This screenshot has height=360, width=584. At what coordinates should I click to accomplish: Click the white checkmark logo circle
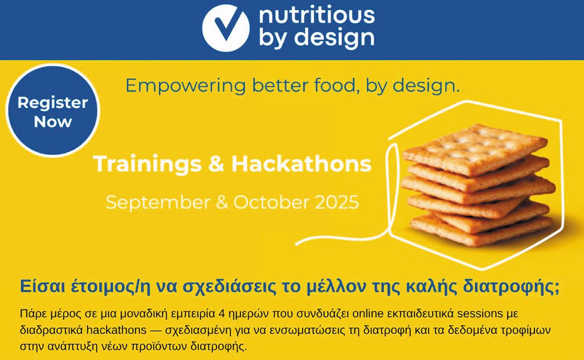(226, 28)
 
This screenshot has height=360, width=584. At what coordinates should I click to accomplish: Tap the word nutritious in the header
(317, 15)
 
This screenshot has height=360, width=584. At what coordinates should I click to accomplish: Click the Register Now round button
(53, 110)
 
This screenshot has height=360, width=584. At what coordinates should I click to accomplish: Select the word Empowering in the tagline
(185, 86)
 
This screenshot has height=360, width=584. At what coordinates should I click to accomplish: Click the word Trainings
(147, 164)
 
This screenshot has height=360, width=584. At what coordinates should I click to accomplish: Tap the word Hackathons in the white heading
(302, 163)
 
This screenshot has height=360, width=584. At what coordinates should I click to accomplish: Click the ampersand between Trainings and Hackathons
(217, 164)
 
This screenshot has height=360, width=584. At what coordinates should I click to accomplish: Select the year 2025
(337, 202)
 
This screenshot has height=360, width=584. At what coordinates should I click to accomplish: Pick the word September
(158, 202)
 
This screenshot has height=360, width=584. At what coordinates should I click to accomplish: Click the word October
(272, 202)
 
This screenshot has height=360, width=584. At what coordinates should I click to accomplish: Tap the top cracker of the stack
(474, 149)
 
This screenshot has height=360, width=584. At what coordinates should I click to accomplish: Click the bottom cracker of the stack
(481, 231)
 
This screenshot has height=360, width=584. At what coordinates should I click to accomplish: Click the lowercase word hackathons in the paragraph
(116, 330)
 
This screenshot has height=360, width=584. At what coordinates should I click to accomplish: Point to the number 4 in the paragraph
(221, 314)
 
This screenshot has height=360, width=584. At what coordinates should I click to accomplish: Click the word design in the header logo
(335, 37)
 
